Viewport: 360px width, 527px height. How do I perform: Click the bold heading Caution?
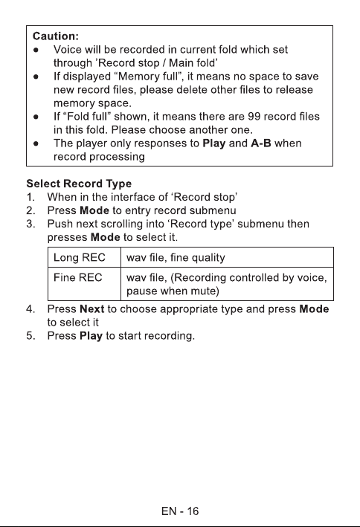[x=56, y=36]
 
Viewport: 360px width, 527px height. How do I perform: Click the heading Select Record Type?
[x=79, y=184]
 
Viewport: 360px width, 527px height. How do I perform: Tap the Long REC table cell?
[x=85, y=257]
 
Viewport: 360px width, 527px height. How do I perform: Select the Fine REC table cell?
[x=85, y=284]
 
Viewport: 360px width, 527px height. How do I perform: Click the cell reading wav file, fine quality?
[x=227, y=257]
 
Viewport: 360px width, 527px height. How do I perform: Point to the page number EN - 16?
[x=180, y=511]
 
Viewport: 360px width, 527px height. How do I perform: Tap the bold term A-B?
[x=261, y=143]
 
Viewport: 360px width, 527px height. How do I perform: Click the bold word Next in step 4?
[x=91, y=309]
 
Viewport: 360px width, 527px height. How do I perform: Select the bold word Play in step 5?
[x=91, y=336]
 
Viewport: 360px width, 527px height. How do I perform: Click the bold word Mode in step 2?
[x=94, y=211]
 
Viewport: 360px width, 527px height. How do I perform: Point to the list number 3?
[x=30, y=224]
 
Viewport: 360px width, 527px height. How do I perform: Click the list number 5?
[x=30, y=336]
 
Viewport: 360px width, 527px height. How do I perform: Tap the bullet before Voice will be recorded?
[x=36, y=50]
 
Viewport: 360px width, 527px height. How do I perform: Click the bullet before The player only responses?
[x=36, y=144]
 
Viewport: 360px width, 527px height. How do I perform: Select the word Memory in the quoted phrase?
[x=139, y=77]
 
